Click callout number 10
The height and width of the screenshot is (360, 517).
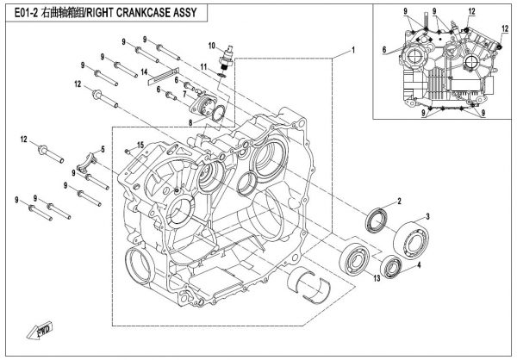pos(210,44)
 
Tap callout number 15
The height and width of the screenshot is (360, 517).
pos(140,144)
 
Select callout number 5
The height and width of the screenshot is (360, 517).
pos(102,150)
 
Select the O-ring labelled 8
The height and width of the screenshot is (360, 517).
pos(219,112)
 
